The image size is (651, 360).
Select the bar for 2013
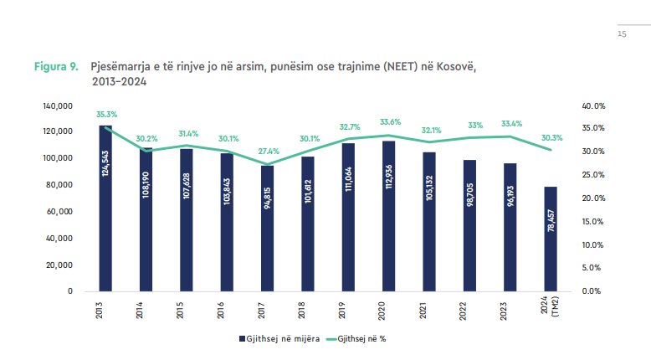tap(105, 208)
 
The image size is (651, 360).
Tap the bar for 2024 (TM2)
tap(551, 239)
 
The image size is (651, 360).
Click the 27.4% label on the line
tap(268, 151)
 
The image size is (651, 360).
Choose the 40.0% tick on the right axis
tap(592, 105)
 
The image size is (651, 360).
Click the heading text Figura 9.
tap(56, 66)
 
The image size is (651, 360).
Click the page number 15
tap(622, 34)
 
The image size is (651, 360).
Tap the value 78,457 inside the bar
tap(551, 252)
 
